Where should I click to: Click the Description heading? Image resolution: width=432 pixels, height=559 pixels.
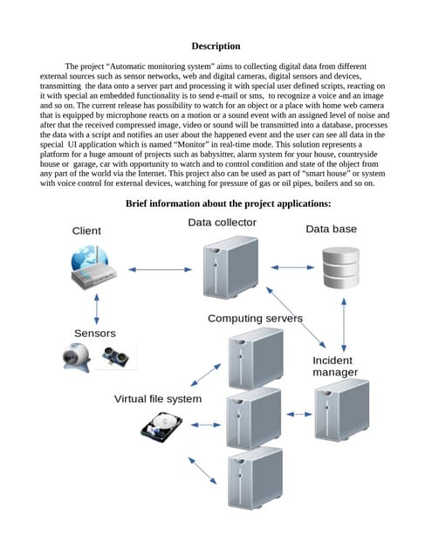[x=216, y=46]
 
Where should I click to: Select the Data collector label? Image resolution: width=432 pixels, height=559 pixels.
[x=223, y=223]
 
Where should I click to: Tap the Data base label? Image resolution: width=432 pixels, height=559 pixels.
[x=332, y=229]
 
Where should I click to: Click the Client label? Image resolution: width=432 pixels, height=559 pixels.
[x=86, y=231]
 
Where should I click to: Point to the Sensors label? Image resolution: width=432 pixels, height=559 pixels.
[x=95, y=334]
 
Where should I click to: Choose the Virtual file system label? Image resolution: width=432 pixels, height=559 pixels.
[x=158, y=399]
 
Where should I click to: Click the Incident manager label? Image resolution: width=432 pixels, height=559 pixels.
[x=335, y=366]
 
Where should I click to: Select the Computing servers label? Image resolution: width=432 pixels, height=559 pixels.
[x=255, y=318]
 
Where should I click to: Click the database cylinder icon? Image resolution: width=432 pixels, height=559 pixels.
[x=341, y=267]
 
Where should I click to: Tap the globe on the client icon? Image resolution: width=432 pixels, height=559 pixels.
[x=89, y=259]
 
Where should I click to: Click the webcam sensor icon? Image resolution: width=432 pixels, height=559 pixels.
[x=77, y=357]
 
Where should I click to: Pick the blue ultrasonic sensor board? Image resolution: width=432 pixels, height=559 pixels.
[x=115, y=357]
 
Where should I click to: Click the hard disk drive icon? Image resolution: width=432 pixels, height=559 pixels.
[x=161, y=427]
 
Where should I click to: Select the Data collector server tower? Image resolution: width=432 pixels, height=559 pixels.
[x=230, y=267]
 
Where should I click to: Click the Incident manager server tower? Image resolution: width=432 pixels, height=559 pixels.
[x=342, y=411]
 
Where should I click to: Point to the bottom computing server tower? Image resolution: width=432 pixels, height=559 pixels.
[x=255, y=478]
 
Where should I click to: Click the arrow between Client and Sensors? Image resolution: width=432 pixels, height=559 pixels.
[x=97, y=308]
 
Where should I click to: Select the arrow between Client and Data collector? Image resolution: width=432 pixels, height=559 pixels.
[x=161, y=270]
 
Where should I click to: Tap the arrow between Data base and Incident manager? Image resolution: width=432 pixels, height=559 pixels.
[x=344, y=325]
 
